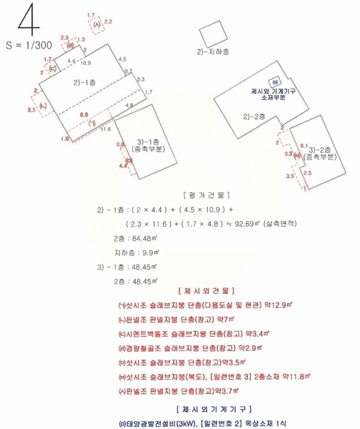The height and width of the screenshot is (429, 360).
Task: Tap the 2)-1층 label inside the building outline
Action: (85, 83)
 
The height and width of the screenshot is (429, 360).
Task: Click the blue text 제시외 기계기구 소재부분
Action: (269, 94)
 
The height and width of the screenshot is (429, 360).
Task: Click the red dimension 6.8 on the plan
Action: (84, 114)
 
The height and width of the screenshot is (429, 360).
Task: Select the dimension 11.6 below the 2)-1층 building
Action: (106, 129)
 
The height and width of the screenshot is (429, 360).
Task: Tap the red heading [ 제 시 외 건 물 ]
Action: (206, 291)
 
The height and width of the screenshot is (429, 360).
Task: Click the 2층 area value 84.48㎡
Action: (147, 238)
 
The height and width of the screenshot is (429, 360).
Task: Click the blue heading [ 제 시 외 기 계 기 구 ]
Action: (206, 409)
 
